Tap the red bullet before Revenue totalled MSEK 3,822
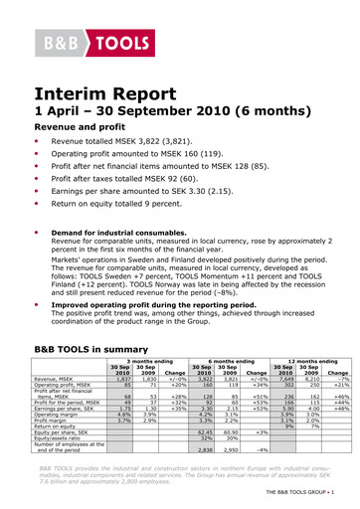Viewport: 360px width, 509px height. [41, 143]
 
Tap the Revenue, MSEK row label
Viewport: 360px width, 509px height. [58, 379]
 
